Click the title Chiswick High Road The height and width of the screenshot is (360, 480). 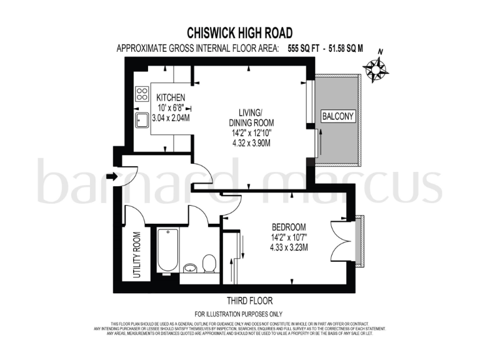pyautogui.click(x=240, y=32)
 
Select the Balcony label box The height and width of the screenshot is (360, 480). pyautogui.click(x=337, y=116)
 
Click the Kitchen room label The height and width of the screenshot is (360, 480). pyautogui.click(x=171, y=97)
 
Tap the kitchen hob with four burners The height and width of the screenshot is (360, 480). pyautogui.click(x=142, y=94)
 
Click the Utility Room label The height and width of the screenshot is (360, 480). pyautogui.click(x=137, y=255)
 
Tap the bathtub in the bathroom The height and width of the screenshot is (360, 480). pyautogui.click(x=168, y=250)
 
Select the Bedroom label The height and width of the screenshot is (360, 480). pyautogui.click(x=288, y=226)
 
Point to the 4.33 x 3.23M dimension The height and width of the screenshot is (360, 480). pyautogui.click(x=289, y=247)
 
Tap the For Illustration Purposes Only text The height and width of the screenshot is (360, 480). pyautogui.click(x=239, y=314)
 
